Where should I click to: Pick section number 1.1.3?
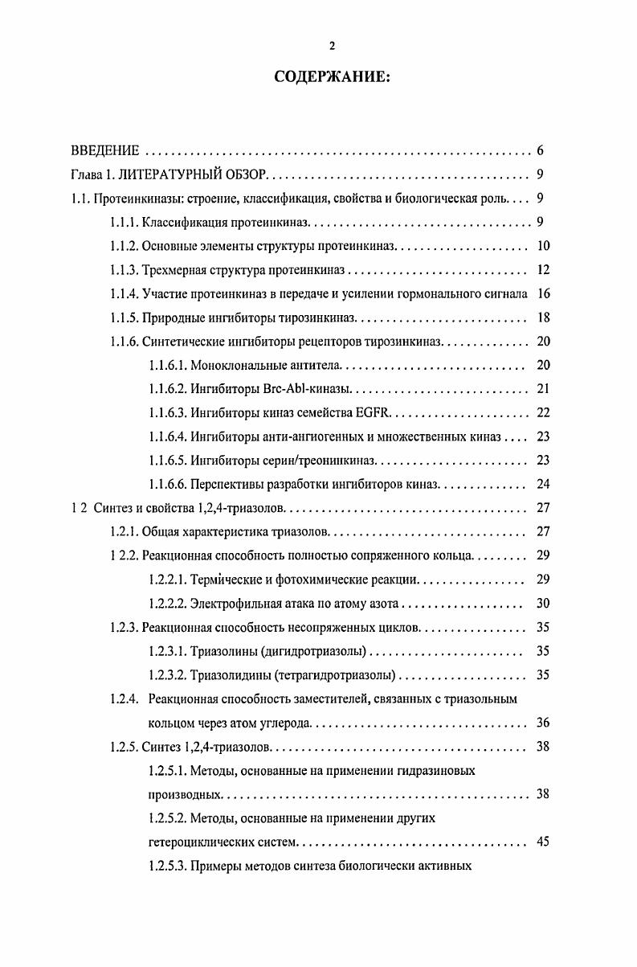point(125,270)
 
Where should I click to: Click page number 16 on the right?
point(542,294)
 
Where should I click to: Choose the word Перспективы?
point(228,485)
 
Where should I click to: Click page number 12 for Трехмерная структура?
point(542,270)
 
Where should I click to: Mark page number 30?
point(542,604)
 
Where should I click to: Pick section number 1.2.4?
point(125,699)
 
